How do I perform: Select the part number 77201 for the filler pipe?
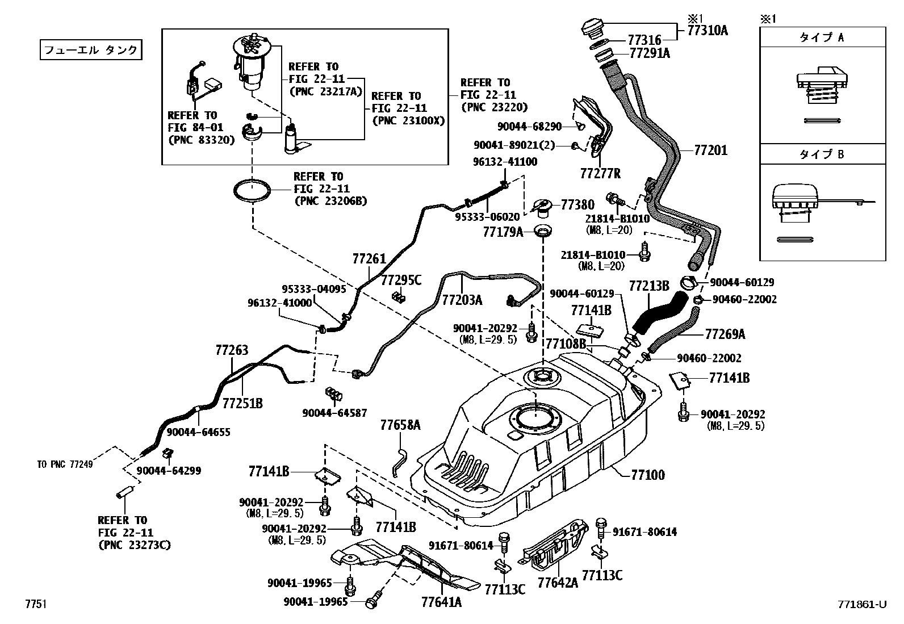[x=710, y=150]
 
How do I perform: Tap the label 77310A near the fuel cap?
[x=707, y=30]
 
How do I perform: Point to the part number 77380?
[x=577, y=205]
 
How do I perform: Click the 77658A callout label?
[x=400, y=425]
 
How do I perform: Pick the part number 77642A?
[x=558, y=583]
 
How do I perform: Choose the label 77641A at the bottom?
[x=441, y=602]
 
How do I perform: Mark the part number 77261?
[x=369, y=259]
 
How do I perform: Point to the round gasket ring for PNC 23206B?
[x=253, y=190]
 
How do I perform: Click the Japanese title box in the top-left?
[x=90, y=50]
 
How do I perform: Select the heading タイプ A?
[x=822, y=37]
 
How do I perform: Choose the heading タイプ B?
[x=822, y=154]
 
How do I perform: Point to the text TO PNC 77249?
[x=65, y=464]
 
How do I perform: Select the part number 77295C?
[x=401, y=280]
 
